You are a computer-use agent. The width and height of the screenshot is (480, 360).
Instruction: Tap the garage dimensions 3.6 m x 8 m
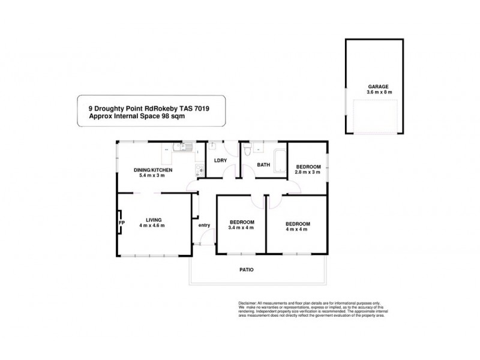coord(379,93)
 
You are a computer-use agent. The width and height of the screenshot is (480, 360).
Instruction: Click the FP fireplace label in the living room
coord(121,223)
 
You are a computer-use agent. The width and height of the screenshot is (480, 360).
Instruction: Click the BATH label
coord(263,164)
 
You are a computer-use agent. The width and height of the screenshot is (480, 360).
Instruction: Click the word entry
coord(205,225)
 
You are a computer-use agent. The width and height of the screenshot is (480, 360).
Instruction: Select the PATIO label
coord(246,269)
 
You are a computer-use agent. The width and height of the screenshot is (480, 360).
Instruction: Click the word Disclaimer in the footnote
coord(248,304)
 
